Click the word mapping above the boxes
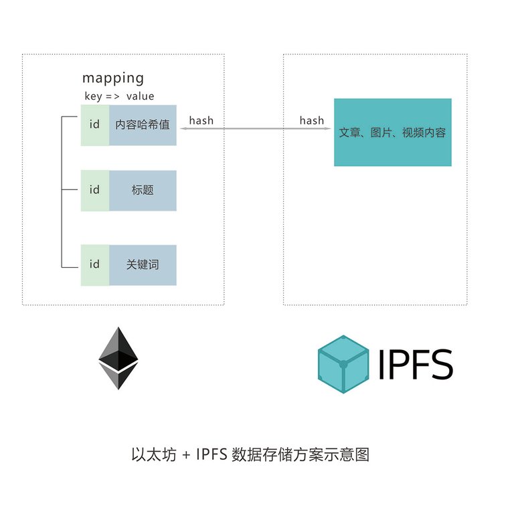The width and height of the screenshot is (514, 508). point(112,78)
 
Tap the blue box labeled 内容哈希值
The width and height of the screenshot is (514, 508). point(143,124)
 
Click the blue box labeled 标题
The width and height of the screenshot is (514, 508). point(143,190)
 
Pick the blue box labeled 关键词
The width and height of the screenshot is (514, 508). point(143,265)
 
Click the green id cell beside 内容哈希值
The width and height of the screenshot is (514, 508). point(94,124)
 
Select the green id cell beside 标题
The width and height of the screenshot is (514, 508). point(94,190)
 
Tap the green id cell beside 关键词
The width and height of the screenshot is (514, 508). point(94,265)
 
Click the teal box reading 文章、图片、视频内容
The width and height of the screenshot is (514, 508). point(392,133)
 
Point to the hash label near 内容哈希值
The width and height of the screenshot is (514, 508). point(201,120)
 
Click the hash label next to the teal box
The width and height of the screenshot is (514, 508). point(312,120)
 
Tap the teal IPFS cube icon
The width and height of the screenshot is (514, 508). point(343,363)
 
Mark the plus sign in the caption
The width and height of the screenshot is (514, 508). point(185,456)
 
